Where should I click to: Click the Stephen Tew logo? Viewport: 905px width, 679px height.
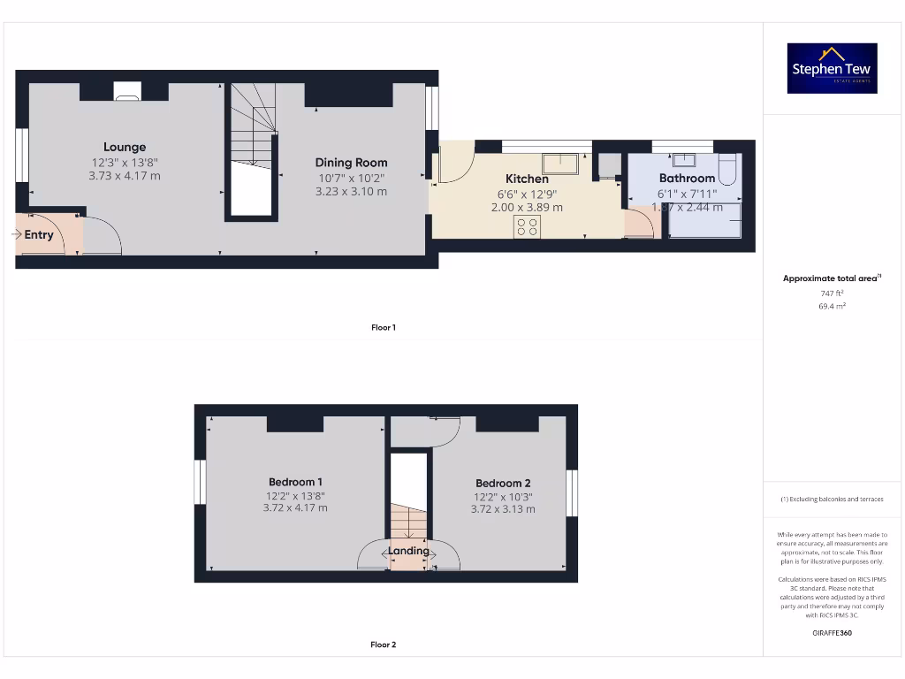(832, 68)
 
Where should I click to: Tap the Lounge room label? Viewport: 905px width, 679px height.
(125, 147)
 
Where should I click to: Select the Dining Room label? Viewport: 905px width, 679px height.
(351, 163)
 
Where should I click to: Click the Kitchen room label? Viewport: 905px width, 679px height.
(527, 179)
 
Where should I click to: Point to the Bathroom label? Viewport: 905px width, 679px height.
(687, 179)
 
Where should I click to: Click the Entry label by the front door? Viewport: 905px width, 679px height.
(39, 235)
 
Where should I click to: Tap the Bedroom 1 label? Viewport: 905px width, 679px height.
(295, 482)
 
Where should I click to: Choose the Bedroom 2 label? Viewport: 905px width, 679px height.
(503, 484)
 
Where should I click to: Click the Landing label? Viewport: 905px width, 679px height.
(408, 551)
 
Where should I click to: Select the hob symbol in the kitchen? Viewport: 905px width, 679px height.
(528, 226)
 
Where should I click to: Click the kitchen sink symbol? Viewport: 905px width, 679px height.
(560, 164)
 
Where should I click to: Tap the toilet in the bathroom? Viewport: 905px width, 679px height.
(728, 167)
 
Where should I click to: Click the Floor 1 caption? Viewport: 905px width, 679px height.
(384, 328)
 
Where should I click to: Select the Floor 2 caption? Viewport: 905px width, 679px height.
(384, 645)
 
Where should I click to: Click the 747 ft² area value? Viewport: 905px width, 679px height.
(832, 293)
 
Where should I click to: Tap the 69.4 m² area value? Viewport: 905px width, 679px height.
(832, 306)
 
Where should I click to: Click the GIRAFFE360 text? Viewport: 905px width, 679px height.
(832, 633)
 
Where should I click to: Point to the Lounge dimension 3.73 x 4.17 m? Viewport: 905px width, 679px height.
(125, 176)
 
